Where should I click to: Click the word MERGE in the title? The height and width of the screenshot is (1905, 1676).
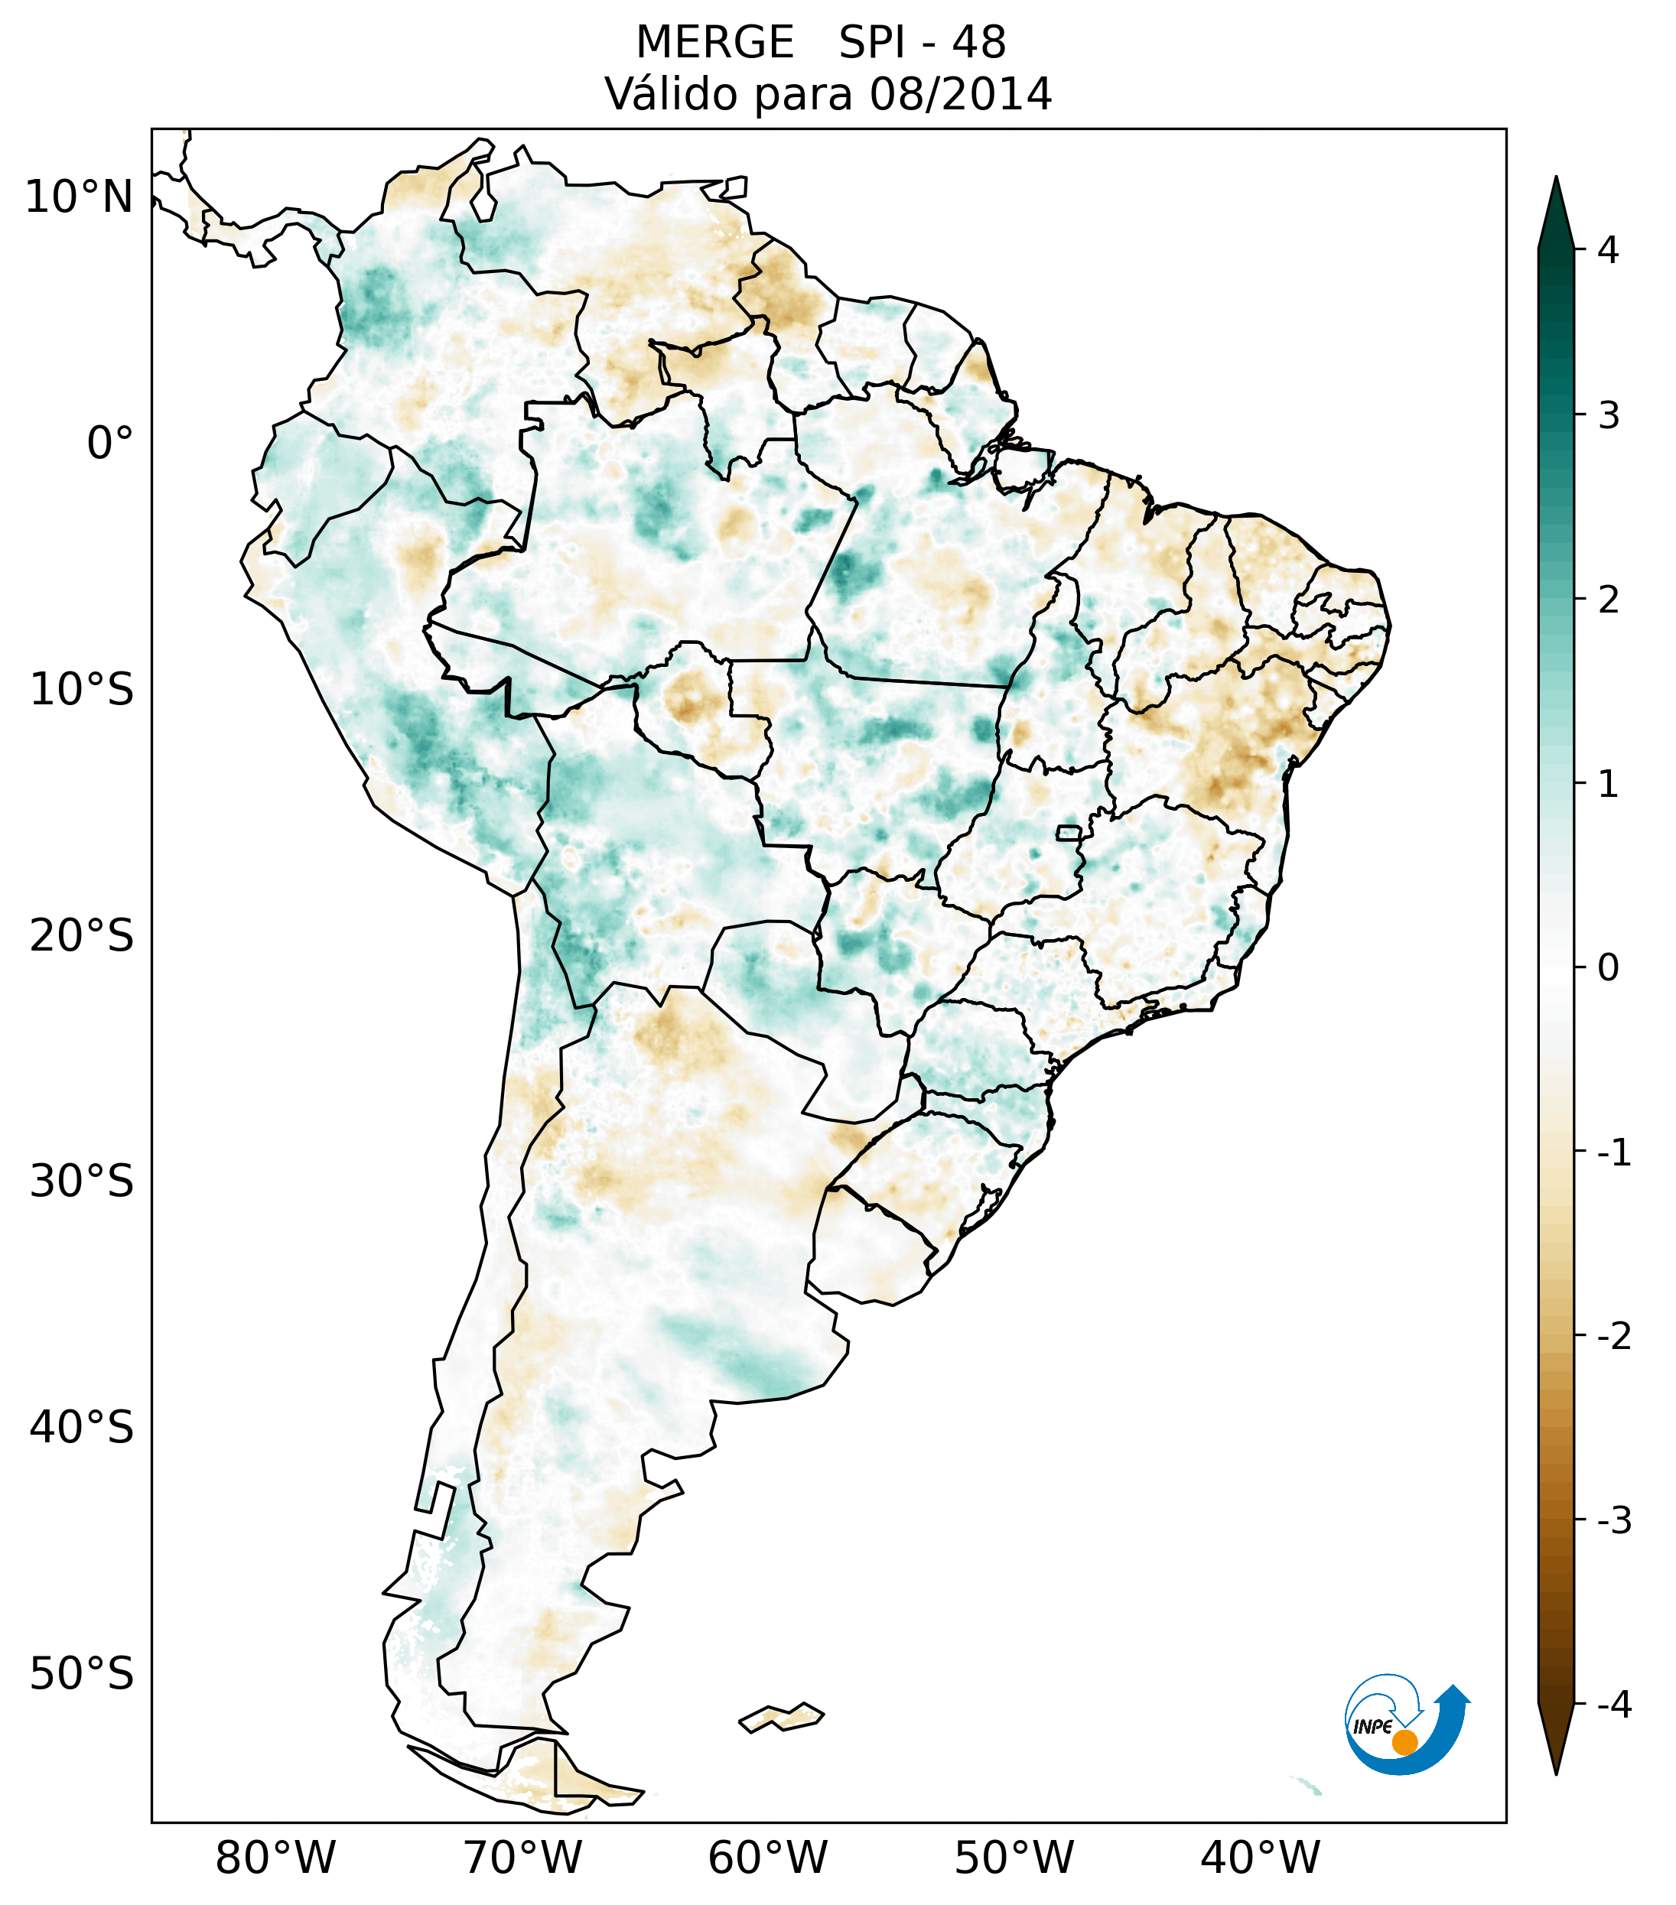point(715,43)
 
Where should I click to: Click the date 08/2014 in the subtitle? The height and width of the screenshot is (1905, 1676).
point(960,94)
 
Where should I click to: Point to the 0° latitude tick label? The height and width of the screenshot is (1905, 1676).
point(110,443)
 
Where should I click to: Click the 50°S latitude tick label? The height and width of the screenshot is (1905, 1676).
point(82,1674)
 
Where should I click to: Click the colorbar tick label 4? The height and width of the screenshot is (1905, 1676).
point(1608,250)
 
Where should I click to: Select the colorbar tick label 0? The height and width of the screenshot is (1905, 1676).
point(1608,968)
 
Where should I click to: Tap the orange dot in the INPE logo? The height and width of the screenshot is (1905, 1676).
point(1404,1742)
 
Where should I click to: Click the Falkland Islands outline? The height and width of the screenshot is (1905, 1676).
point(781,1717)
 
